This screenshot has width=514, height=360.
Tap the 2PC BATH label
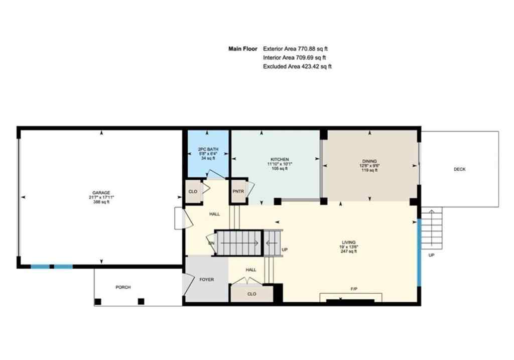click(x=207, y=149)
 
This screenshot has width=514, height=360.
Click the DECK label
click(x=459, y=169)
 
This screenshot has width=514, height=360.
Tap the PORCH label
click(x=123, y=287)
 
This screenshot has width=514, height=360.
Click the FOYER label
click(x=206, y=279)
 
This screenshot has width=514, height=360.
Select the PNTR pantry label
click(x=237, y=191)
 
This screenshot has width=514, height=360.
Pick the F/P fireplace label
click(x=354, y=289)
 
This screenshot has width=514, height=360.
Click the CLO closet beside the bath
click(x=192, y=191)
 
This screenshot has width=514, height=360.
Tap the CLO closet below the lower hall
click(x=251, y=294)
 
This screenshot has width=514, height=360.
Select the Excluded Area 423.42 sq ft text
click(x=297, y=66)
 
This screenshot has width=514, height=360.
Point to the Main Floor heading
click(x=243, y=49)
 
